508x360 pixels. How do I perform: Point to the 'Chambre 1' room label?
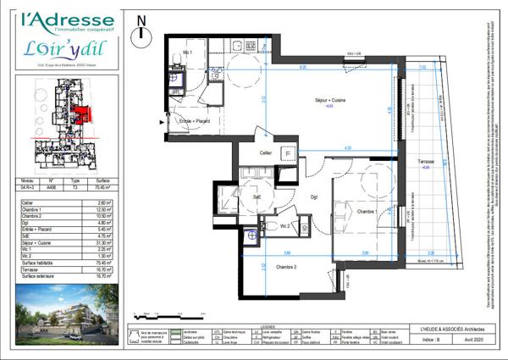click(367, 211)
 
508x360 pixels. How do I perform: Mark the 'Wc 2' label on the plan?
click(285, 227)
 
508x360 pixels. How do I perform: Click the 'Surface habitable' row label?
click(39, 263)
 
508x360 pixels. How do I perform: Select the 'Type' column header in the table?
click(75, 180)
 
